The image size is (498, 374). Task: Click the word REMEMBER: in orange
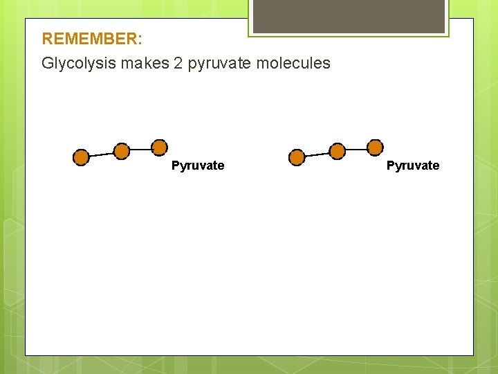[92, 39]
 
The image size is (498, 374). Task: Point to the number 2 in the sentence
[179, 64]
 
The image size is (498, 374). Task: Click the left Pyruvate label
[198, 166]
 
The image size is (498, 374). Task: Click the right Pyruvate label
[413, 166]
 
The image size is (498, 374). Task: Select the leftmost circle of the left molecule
[81, 158]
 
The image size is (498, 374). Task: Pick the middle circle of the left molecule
[121, 151]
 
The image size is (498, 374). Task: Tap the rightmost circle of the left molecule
[160, 147]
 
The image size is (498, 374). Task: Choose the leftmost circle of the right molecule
[297, 158]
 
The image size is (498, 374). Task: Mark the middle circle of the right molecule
[337, 151]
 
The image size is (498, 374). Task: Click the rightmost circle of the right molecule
[375, 147]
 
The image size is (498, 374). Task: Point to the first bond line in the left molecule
[101, 154]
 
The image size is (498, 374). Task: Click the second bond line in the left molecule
[140, 149]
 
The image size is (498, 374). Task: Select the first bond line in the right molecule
[317, 154]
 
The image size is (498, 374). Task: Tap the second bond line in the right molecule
[356, 149]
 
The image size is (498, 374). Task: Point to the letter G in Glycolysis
[47, 64]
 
